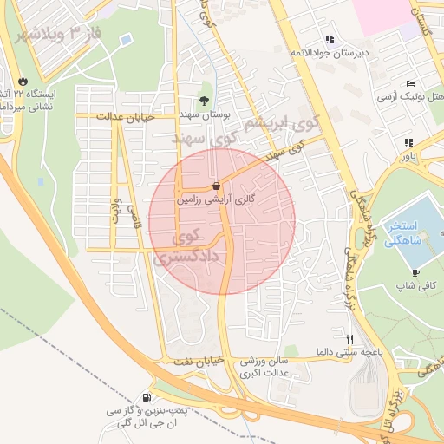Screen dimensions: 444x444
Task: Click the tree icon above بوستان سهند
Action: pyautogui.click(x=205, y=100)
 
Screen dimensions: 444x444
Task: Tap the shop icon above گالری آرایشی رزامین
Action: pyautogui.click(x=215, y=186)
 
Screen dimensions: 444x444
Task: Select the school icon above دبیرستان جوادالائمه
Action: pyautogui.click(x=330, y=39)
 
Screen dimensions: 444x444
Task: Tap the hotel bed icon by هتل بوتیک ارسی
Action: pyautogui.click(x=409, y=82)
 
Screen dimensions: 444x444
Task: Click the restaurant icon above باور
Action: pyautogui.click(x=407, y=143)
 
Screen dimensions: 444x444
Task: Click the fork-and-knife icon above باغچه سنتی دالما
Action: pyautogui.click(x=350, y=339)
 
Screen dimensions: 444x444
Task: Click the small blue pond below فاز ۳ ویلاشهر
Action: pyautogui.click(x=127, y=39)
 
